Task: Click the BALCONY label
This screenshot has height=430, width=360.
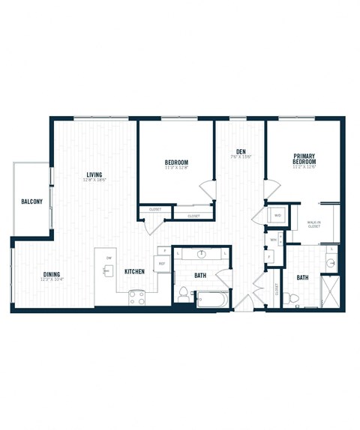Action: click(31, 202)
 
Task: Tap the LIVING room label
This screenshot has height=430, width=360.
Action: click(94, 175)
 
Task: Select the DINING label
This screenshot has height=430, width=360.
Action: click(52, 274)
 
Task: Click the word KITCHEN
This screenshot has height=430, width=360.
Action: click(134, 271)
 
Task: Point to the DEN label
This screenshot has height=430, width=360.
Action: click(241, 153)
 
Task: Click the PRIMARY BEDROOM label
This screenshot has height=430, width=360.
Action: click(304, 160)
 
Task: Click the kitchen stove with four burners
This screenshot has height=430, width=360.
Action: click(136, 296)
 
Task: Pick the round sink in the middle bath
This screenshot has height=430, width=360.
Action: click(202, 254)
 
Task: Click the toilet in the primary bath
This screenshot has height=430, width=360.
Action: click(296, 299)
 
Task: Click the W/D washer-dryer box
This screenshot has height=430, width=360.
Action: click(277, 215)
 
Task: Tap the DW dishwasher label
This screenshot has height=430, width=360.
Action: click(109, 258)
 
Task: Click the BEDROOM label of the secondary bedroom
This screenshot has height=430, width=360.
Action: click(176, 163)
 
